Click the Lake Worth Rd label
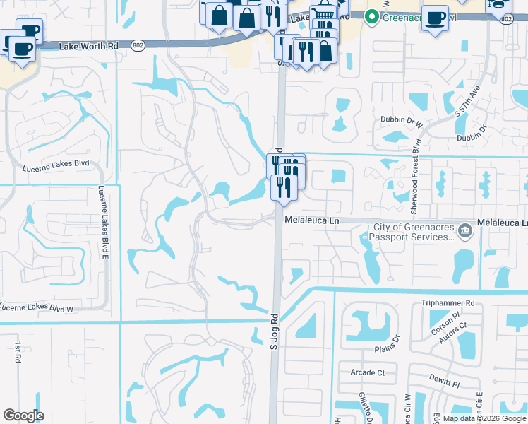[88, 45]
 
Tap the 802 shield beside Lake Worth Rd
[138, 45]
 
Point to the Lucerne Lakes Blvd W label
[37, 308]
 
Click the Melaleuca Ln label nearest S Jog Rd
[313, 220]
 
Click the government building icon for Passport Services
[464, 230]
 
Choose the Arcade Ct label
[368, 372]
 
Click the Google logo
[23, 416]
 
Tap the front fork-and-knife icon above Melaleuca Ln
[281, 187]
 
